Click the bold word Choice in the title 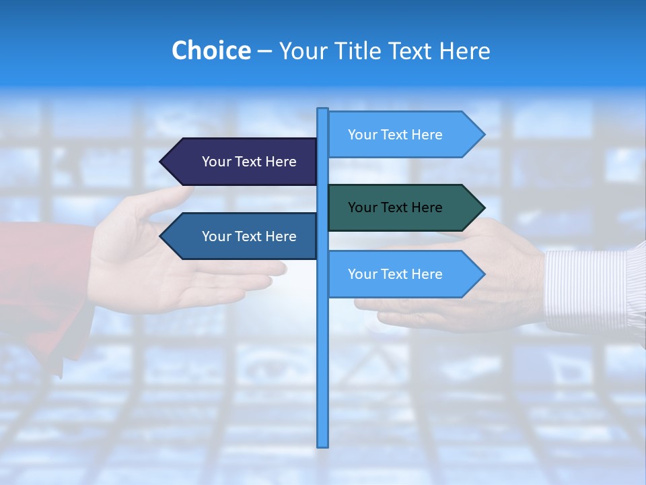pyautogui.click(x=211, y=51)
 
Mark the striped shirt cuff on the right pyautogui.click(x=585, y=290)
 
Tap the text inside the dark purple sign pyautogui.click(x=249, y=162)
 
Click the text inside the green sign pyautogui.click(x=395, y=207)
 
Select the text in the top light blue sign pyautogui.click(x=395, y=135)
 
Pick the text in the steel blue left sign pyautogui.click(x=249, y=236)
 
